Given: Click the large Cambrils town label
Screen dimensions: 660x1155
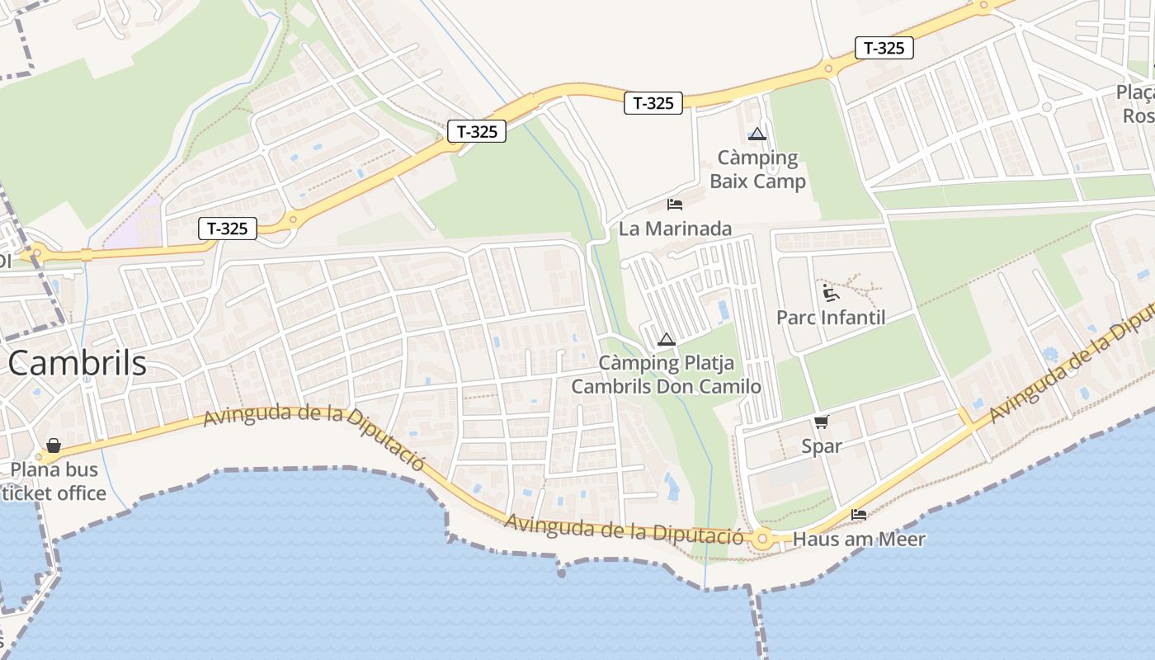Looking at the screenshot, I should pyautogui.click(x=78, y=363).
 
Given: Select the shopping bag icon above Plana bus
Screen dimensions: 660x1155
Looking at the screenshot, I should pyautogui.click(x=54, y=445).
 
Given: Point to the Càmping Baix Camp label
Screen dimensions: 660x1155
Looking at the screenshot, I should pyautogui.click(x=757, y=169).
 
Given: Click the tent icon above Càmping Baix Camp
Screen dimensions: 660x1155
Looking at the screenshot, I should pyautogui.click(x=757, y=134).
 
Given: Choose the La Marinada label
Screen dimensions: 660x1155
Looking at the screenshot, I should pyautogui.click(x=675, y=229).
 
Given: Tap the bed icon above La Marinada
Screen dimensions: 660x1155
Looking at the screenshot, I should pyautogui.click(x=675, y=204).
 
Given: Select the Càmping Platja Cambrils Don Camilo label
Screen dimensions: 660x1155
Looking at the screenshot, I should pyautogui.click(x=667, y=375).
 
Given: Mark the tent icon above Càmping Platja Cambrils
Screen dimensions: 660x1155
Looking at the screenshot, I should pyautogui.click(x=667, y=339).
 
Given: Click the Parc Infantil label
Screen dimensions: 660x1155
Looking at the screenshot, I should pyautogui.click(x=831, y=318).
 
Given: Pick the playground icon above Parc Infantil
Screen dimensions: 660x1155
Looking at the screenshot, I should pyautogui.click(x=830, y=293).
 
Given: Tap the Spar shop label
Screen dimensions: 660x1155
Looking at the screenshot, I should pyautogui.click(x=822, y=446).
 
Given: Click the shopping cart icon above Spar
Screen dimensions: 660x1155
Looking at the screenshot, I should pyautogui.click(x=821, y=422).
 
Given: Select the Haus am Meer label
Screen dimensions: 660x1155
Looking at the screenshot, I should pyautogui.click(x=859, y=540).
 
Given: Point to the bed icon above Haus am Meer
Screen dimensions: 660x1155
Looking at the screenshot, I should pyautogui.click(x=859, y=515).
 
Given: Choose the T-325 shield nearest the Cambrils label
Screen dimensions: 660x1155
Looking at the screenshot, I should pyautogui.click(x=228, y=229).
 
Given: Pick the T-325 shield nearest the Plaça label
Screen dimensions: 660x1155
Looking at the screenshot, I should pyautogui.click(x=884, y=48).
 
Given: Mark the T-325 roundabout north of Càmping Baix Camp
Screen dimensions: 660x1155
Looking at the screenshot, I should pyautogui.click(x=827, y=68).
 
